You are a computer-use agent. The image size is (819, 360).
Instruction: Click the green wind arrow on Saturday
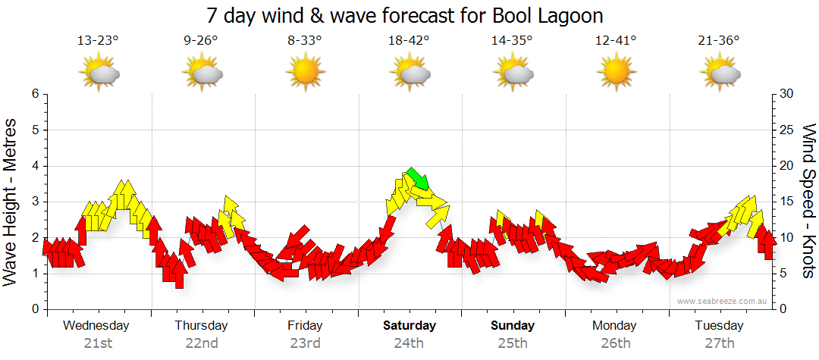[x=417, y=179]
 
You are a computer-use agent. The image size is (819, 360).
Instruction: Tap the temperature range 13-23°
[x=99, y=41]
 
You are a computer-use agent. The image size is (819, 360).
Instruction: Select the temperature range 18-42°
[x=409, y=41]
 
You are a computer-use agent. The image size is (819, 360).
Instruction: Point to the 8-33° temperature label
[x=305, y=41]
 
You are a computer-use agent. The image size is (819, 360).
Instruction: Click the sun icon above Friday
[x=305, y=73]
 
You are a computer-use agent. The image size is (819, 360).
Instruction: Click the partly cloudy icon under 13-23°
[x=100, y=74]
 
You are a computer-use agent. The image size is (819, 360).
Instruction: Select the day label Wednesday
[x=96, y=326]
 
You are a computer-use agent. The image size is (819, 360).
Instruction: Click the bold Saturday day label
[x=409, y=326]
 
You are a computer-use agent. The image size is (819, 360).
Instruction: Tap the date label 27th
[x=719, y=343]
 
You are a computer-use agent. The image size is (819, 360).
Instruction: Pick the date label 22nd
[x=202, y=343]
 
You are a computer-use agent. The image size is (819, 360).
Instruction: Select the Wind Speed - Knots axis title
[x=808, y=201]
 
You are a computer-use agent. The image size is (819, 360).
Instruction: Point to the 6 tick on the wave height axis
[x=34, y=94]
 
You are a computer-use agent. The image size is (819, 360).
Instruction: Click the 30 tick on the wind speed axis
[x=786, y=94]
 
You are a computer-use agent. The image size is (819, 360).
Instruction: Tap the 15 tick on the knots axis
[x=786, y=202]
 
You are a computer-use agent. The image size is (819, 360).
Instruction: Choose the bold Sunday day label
[x=513, y=326]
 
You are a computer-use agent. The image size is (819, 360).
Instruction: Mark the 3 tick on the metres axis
[x=34, y=202]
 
